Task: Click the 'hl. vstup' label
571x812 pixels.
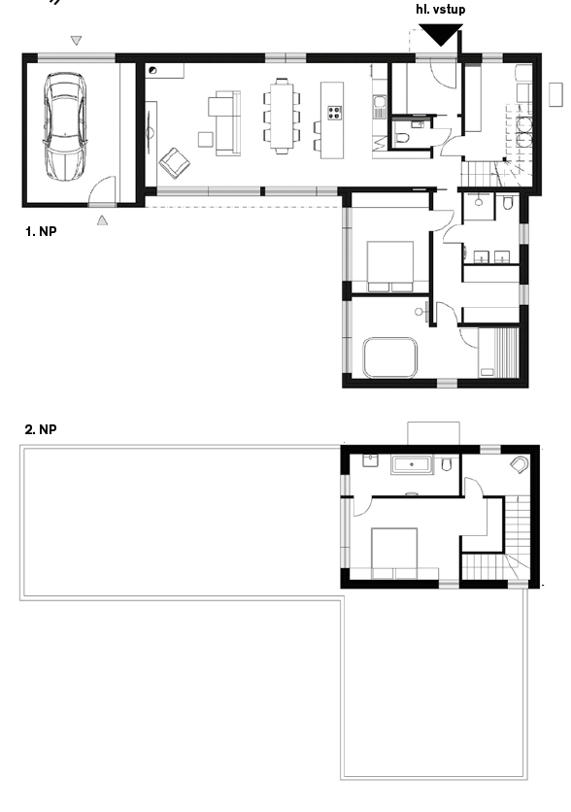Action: point(441,10)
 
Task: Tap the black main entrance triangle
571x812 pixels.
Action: point(441,36)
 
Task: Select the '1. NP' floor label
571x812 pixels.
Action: point(41,231)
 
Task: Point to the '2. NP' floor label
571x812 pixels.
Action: point(41,429)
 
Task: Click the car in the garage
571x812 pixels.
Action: point(65,126)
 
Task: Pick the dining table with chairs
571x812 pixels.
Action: point(282,116)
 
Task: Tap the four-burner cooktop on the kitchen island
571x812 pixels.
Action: point(334,113)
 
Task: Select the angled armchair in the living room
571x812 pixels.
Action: point(174,162)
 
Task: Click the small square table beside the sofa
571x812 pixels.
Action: point(206,139)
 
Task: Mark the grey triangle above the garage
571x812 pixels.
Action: point(76,40)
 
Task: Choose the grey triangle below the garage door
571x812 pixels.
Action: point(103,220)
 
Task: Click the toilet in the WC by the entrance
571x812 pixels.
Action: point(402,138)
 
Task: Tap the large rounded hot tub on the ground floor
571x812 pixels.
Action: point(389,357)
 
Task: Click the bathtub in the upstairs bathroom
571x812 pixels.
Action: point(412,465)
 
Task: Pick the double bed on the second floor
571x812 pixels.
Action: point(394,553)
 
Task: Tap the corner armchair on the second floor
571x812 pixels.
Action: point(520,464)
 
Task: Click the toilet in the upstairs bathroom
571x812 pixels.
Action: point(447,464)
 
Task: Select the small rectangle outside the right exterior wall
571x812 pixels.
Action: point(555,95)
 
